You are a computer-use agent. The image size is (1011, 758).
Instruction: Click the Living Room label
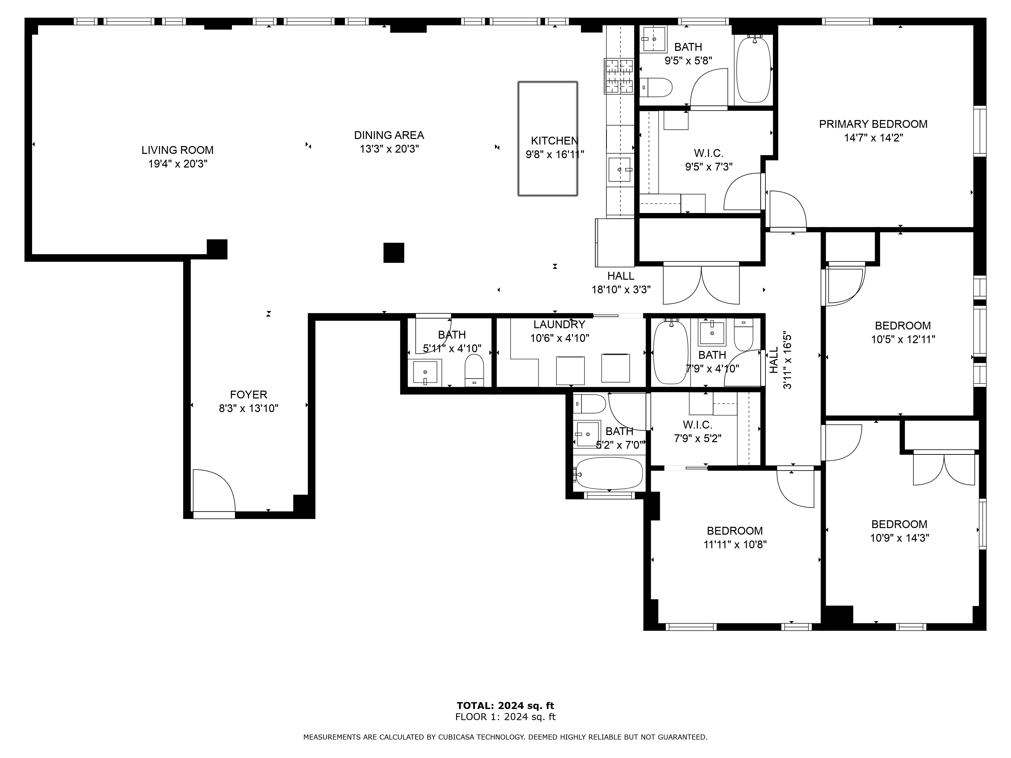pyautogui.click(x=177, y=150)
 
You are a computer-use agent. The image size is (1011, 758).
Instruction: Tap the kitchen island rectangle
pyautogui.click(x=547, y=139)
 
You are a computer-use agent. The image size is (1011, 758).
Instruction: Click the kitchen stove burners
pyautogui.click(x=619, y=76)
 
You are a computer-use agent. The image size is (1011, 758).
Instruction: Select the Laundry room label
pyautogui.click(x=559, y=324)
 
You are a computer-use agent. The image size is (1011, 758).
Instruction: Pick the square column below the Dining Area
pyautogui.click(x=394, y=253)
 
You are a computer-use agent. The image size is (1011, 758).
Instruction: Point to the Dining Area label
pyautogui.click(x=389, y=135)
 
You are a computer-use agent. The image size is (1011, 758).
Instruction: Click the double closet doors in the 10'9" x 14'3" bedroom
pyautogui.click(x=944, y=468)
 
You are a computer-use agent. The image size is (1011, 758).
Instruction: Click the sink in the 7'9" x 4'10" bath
pyautogui.click(x=712, y=333)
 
